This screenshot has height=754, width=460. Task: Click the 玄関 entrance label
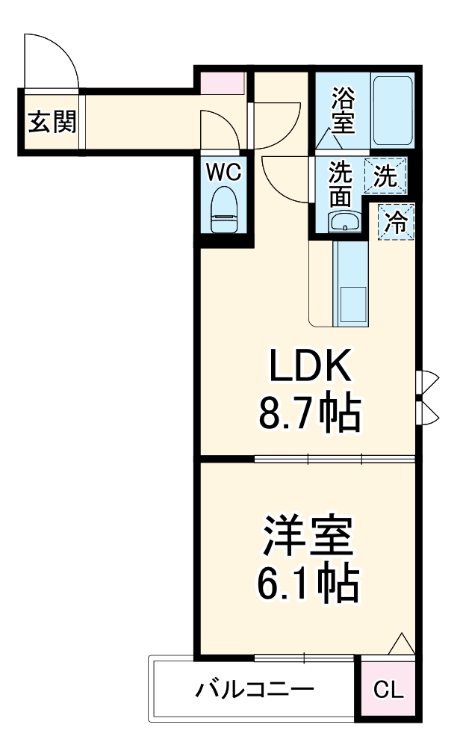point(52,121)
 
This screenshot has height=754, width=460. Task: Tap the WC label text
point(224,173)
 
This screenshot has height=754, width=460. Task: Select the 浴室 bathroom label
point(342,110)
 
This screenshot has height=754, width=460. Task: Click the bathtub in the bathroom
point(393,111)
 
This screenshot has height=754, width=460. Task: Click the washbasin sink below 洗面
point(344,221)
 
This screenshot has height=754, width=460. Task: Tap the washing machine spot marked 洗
point(385,176)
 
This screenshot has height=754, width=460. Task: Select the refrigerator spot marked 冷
point(396,221)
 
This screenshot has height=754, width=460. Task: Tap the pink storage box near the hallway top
point(222,81)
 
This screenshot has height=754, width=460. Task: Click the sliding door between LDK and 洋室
point(334,458)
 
